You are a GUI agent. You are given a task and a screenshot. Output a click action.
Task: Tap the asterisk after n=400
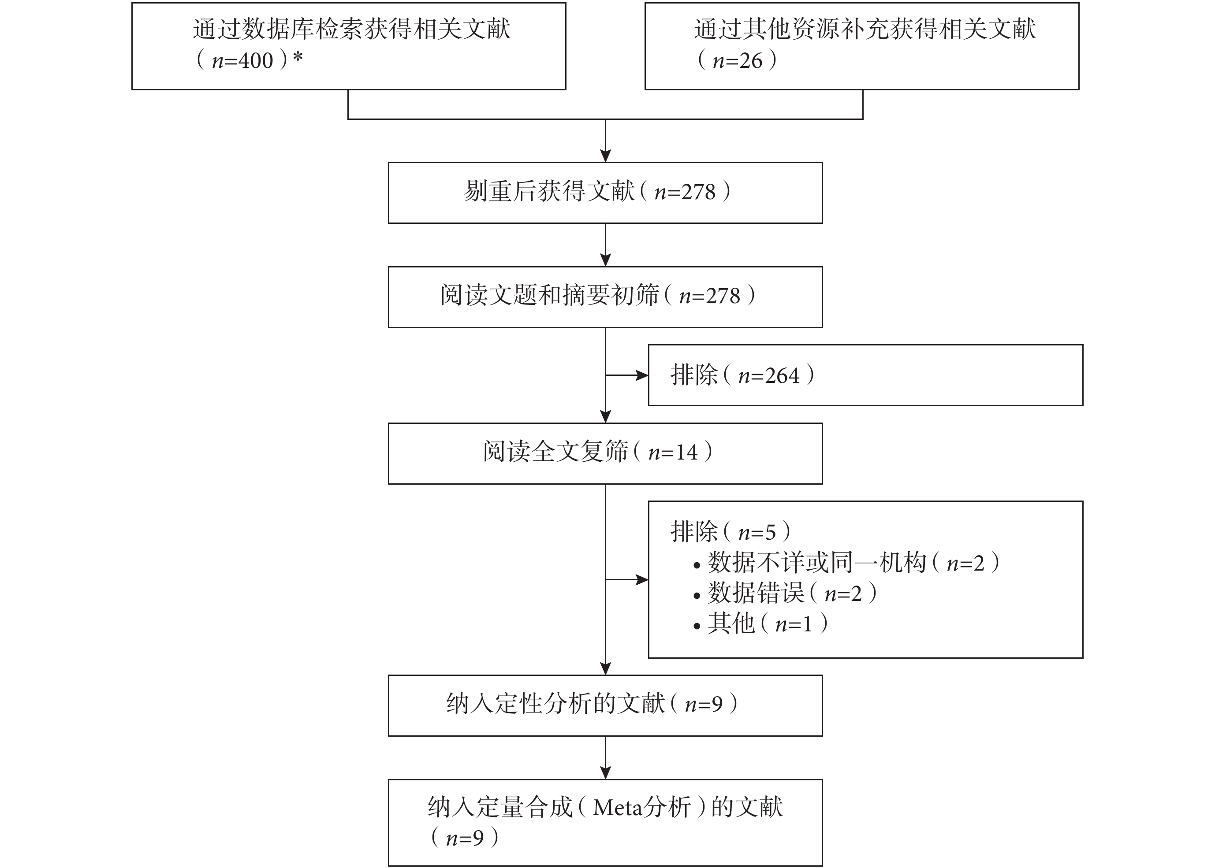[x=298, y=57]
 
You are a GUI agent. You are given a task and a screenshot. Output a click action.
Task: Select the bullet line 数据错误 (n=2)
[x=785, y=593]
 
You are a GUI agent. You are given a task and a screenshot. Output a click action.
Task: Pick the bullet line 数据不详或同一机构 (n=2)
[x=846, y=563]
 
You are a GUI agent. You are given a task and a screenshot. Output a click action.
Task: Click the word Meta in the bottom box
[x=617, y=808]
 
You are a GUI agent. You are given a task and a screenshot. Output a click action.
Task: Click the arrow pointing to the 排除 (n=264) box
[x=627, y=376]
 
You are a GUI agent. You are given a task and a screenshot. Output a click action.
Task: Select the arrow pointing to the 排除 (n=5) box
[x=627, y=580]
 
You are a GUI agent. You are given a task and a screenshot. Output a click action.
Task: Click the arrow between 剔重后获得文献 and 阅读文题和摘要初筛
[x=605, y=245]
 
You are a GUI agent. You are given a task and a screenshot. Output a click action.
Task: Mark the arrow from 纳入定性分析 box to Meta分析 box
[x=605, y=758]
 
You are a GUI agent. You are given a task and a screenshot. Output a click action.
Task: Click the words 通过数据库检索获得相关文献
[x=352, y=29]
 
